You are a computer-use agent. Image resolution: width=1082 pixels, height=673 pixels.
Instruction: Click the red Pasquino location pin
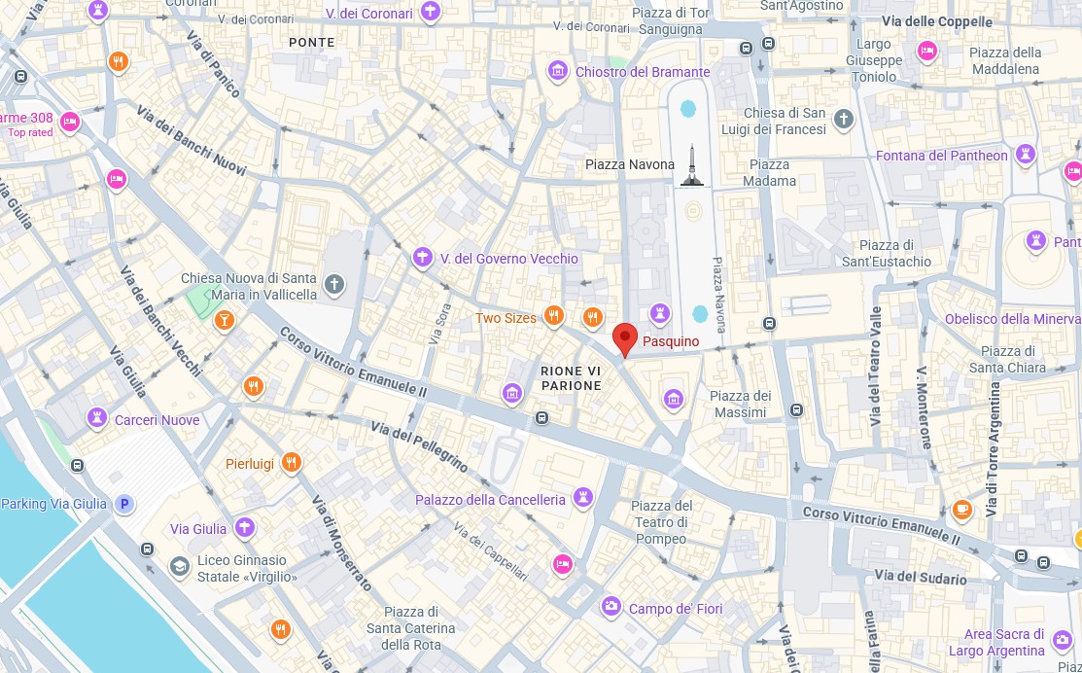(x=625, y=339)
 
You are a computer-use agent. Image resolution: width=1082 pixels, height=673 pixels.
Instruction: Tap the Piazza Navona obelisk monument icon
(x=691, y=166)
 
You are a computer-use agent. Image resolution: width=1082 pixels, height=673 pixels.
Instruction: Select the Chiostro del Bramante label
(x=643, y=72)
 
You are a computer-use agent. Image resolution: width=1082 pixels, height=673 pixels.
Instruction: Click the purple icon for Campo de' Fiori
(x=611, y=607)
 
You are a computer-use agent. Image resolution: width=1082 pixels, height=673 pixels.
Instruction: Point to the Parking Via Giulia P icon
(x=123, y=504)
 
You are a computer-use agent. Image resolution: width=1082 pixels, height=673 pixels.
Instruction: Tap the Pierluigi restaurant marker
(x=291, y=463)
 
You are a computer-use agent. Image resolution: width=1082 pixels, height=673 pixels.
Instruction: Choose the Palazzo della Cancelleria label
(x=490, y=500)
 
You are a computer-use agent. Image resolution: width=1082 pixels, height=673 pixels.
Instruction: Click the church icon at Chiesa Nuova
(x=334, y=284)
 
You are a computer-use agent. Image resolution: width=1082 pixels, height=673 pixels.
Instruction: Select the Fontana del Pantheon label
(x=941, y=156)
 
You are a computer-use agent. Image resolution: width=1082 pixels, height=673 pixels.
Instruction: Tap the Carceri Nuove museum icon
(x=97, y=418)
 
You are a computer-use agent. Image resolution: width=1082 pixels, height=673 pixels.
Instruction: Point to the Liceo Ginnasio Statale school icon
(x=179, y=566)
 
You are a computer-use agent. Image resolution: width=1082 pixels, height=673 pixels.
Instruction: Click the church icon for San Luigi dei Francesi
(x=843, y=120)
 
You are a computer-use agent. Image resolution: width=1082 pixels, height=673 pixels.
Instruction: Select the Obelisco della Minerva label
(x=1012, y=319)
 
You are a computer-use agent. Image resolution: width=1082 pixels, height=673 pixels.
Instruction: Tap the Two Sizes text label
(x=506, y=318)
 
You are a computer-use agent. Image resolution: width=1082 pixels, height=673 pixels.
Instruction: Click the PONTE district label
(x=312, y=43)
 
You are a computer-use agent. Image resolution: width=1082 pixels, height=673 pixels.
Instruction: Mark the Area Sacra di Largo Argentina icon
(x=1063, y=643)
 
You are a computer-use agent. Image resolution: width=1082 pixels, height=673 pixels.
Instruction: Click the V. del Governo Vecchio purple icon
(x=422, y=258)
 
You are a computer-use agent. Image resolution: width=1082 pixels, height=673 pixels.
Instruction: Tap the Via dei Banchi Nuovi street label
(x=192, y=139)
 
